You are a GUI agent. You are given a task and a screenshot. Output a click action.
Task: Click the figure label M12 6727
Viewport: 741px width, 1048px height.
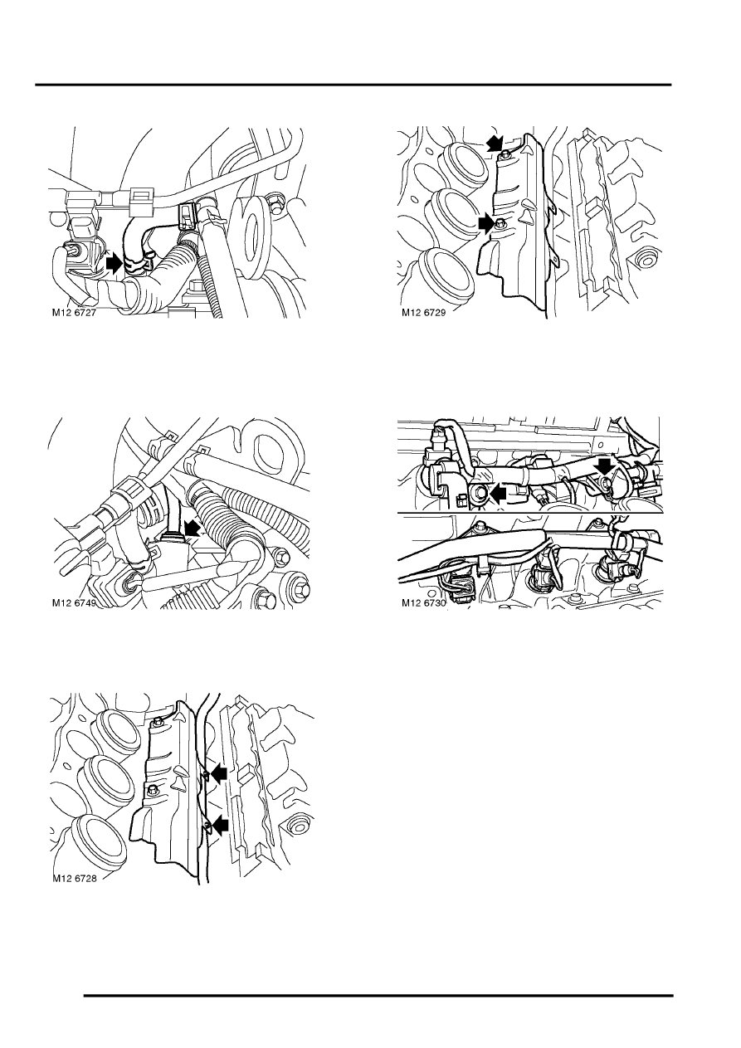click(74, 313)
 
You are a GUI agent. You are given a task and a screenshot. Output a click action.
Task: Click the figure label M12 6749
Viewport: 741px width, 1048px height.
click(74, 603)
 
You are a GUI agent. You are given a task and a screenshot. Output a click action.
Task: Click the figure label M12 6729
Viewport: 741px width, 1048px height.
click(424, 313)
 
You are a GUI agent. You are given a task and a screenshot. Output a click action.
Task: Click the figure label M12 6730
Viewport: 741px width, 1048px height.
click(424, 603)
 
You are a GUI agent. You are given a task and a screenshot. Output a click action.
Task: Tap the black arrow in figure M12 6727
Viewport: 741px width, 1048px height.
click(115, 263)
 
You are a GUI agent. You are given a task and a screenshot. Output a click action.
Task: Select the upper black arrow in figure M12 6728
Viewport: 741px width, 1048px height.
click(218, 774)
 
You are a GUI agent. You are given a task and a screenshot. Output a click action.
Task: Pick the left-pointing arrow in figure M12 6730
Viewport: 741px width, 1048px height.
click(498, 492)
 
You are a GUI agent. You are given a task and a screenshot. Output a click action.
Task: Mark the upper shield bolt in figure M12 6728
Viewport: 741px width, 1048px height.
click(157, 724)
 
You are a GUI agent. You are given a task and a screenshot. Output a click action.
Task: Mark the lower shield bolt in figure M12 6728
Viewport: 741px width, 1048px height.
click(151, 790)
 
